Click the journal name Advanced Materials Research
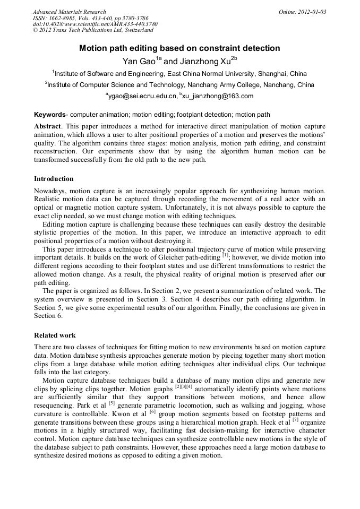[x=69, y=12]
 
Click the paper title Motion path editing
[x=179, y=48]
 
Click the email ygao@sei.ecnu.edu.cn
[x=142, y=96]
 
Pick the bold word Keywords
[x=50, y=115]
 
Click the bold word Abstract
[x=48, y=127]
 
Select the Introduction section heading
[x=54, y=178]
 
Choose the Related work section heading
[x=55, y=335]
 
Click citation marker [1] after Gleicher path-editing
[x=226, y=255]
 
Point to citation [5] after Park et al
[x=112, y=403]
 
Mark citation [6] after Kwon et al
[x=152, y=411]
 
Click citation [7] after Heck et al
[x=295, y=419]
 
